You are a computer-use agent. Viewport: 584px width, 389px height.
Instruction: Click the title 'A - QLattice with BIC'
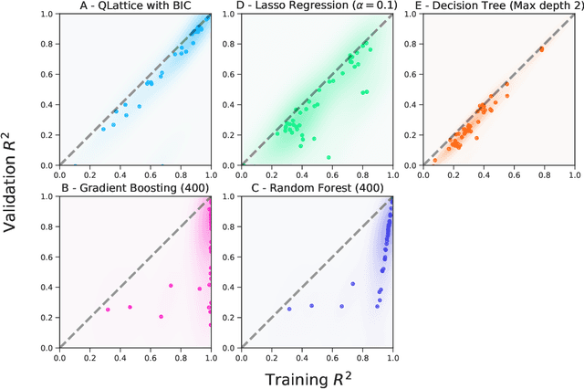(134, 8)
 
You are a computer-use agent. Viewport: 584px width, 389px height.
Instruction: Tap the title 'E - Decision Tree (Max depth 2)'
(498, 8)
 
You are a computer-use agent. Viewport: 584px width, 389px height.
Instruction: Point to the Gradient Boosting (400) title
(134, 190)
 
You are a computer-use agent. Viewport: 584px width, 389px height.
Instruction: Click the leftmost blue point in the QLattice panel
(103, 129)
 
